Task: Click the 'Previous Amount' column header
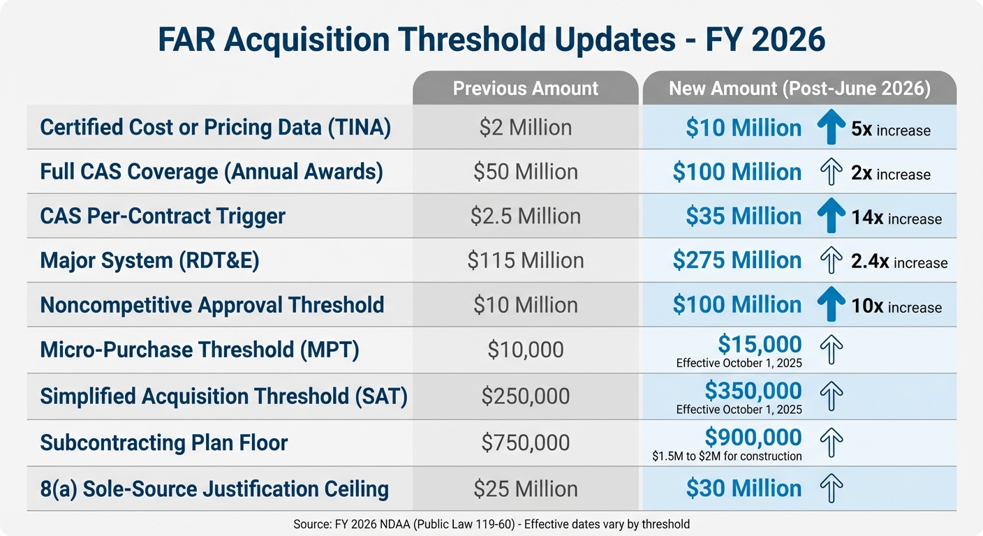(525, 89)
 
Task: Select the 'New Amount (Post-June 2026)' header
(799, 89)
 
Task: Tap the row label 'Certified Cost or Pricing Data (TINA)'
(215, 127)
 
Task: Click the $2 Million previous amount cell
(525, 128)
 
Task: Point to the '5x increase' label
(891, 130)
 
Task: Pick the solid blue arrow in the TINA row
(831, 128)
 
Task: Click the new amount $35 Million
(744, 216)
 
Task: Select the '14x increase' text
(896, 218)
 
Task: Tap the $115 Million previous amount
(525, 260)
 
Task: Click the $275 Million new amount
(737, 260)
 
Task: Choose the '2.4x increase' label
(899, 262)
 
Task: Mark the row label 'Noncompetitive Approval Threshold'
(212, 305)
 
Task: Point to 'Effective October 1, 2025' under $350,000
(739, 410)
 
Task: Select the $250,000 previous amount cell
(525, 396)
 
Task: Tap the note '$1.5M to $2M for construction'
(727, 456)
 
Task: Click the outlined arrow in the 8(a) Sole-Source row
(831, 489)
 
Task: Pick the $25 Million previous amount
(525, 489)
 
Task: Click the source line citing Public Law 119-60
(491, 523)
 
